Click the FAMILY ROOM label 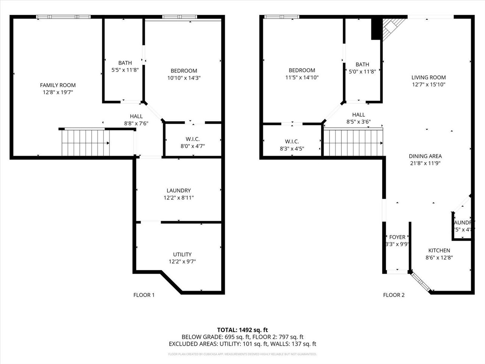click(x=58, y=85)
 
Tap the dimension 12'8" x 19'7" click(x=58, y=92)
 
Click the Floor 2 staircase click(x=353, y=142)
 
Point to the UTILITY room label click(x=182, y=254)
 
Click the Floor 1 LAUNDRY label click(x=178, y=190)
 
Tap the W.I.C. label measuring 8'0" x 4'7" click(x=192, y=139)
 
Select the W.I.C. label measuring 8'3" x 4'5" click(x=292, y=141)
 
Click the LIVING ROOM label click(x=429, y=77)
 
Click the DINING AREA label click(x=425, y=156)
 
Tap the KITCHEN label click(x=439, y=250)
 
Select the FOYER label click(x=397, y=237)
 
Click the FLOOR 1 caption click(x=144, y=295)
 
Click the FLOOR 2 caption click(x=394, y=295)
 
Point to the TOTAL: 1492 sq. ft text click(x=242, y=329)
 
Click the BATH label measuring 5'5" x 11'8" click(x=125, y=63)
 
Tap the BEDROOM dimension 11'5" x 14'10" click(x=302, y=77)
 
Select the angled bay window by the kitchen click(x=421, y=282)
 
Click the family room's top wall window click(x=63, y=17)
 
